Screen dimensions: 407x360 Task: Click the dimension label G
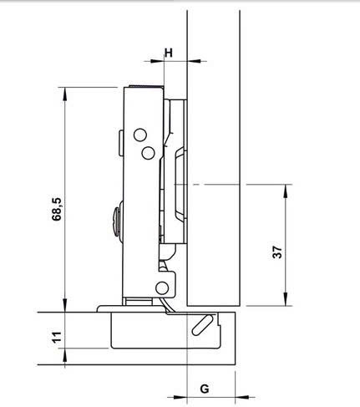coord(205,389)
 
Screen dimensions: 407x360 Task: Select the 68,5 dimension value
coord(56,208)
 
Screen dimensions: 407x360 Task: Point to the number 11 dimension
coord(56,338)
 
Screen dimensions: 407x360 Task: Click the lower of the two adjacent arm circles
coord(147,152)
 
